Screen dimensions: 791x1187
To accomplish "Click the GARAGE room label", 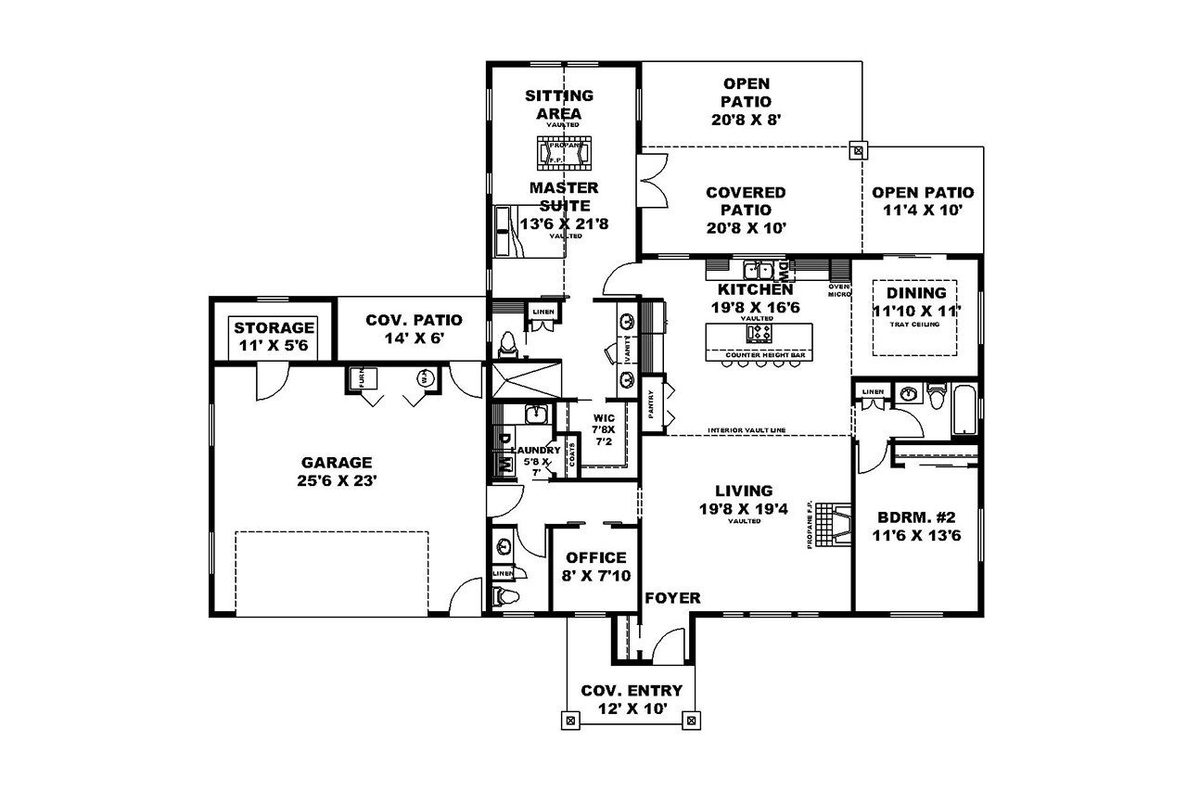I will click(336, 462).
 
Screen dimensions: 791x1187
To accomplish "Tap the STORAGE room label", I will click(274, 328).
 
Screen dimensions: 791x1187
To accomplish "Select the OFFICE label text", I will click(596, 558).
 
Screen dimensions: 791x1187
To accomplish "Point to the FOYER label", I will click(673, 598).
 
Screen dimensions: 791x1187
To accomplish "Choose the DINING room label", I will click(916, 293).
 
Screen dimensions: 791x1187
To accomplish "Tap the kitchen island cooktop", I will click(759, 333).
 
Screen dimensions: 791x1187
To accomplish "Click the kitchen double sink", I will click(759, 271).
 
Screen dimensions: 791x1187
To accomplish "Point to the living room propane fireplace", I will click(839, 525).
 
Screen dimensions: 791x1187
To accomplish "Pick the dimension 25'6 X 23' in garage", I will click(336, 481).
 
